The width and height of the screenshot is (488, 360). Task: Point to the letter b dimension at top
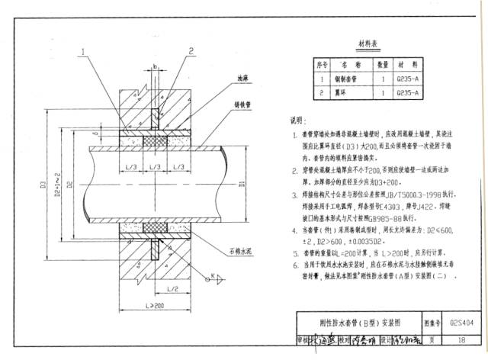tap(153, 66)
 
